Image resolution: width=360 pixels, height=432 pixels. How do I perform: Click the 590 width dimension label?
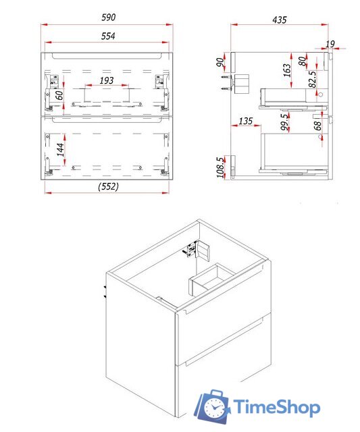click(108, 18)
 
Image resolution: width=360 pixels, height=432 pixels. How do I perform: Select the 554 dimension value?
click(108, 36)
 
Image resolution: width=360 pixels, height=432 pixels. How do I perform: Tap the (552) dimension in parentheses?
click(108, 186)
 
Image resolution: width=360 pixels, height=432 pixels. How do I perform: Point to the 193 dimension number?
click(107, 80)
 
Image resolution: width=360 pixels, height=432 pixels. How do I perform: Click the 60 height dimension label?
click(59, 95)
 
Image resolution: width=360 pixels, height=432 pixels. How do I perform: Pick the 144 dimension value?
click(60, 150)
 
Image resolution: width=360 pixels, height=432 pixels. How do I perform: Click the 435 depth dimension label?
click(280, 20)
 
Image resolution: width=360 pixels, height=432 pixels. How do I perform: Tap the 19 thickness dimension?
click(330, 44)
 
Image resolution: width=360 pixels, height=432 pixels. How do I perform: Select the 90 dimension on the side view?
click(220, 62)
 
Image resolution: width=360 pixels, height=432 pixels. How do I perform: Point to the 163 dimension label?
click(286, 70)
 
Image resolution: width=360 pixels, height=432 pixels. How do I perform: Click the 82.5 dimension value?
click(312, 80)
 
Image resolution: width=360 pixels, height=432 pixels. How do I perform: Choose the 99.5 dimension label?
click(284, 122)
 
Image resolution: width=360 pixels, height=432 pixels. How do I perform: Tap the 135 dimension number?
click(246, 121)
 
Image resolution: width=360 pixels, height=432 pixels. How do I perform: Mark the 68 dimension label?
click(317, 126)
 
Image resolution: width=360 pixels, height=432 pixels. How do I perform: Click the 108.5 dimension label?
click(220, 167)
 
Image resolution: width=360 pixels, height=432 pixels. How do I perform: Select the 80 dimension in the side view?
click(303, 61)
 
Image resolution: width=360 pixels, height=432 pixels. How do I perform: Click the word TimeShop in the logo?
click(277, 407)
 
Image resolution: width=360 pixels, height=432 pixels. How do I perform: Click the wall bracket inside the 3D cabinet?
click(198, 249)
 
